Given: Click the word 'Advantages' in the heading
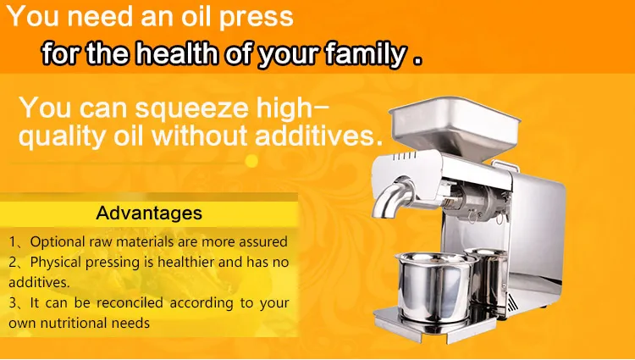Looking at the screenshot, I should [149, 213].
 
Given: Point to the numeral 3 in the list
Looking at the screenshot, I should [13, 302].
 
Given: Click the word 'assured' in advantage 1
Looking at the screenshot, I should [262, 241].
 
